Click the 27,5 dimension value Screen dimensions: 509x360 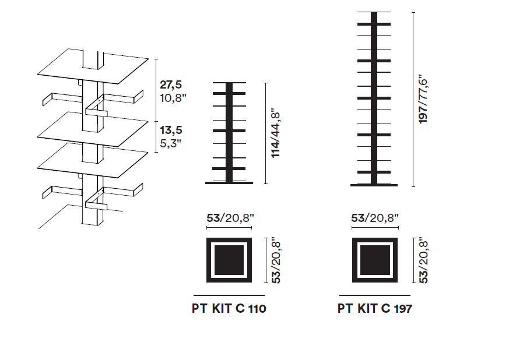tap(171, 84)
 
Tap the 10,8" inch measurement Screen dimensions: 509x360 tap(173, 98)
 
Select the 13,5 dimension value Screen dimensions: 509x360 tap(171, 130)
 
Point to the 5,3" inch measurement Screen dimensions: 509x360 tap(170, 143)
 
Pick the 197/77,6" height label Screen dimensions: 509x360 tap(423, 101)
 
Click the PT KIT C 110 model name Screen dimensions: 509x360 tap(229, 308)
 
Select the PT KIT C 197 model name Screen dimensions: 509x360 tap(375, 308)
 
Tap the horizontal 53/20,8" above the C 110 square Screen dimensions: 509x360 tap(230, 218)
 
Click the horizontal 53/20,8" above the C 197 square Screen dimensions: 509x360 tap(375, 218)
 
